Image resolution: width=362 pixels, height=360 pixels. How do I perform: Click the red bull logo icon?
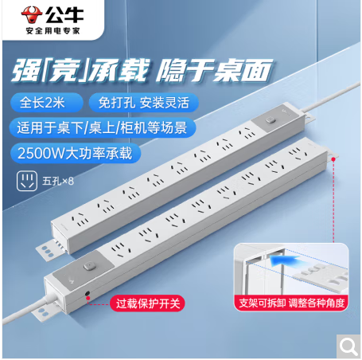point(32,14)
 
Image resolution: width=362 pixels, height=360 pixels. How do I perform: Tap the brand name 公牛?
point(64,14)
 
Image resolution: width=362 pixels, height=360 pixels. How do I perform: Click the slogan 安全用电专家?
point(53,31)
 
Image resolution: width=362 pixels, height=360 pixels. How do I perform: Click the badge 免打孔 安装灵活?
point(144,103)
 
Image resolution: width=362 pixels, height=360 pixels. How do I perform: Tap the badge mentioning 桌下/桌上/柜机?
point(103,127)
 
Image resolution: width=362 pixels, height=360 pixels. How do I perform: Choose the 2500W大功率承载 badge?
point(76,153)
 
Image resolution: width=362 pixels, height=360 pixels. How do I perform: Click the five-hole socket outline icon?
point(27,181)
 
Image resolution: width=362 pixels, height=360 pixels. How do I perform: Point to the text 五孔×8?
point(58,182)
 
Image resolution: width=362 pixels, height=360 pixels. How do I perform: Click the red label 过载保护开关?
point(148,303)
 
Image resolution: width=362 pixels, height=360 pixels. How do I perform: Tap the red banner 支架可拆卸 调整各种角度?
point(291,303)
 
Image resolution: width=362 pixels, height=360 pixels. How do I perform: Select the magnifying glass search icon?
point(348,346)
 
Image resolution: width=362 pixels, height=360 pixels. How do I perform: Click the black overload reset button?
point(87,294)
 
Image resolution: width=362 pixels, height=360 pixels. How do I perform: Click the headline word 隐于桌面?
point(214,70)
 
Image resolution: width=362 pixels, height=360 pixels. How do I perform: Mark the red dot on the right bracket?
point(333,159)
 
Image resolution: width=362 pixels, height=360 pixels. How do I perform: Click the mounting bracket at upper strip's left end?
point(50,250)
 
